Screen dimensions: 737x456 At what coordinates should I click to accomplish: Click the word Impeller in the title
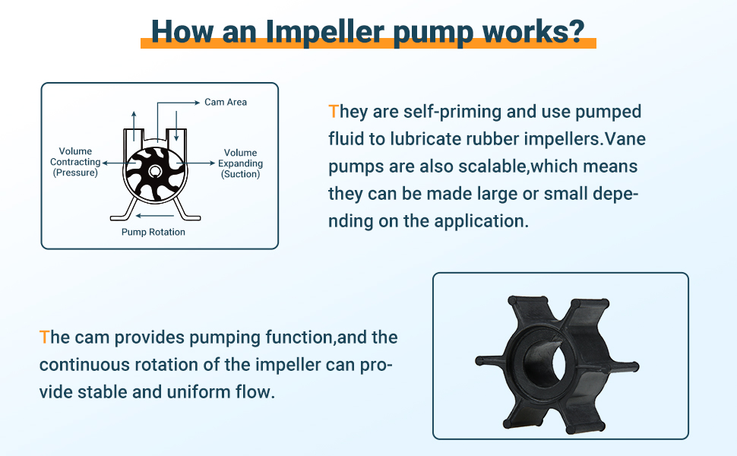(x=324, y=31)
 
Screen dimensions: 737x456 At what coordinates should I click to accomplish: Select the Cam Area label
(x=226, y=102)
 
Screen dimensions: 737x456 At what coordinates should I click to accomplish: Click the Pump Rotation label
(x=153, y=232)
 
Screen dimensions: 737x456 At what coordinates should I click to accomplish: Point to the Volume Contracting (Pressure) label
(x=75, y=162)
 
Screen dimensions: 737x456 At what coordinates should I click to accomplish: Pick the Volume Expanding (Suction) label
(x=240, y=163)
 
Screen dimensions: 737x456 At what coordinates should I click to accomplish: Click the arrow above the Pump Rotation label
(x=155, y=216)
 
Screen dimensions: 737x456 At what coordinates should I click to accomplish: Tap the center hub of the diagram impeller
(x=155, y=172)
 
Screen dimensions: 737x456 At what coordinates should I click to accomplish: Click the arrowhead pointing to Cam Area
(x=198, y=103)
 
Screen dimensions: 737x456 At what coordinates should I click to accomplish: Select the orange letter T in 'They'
(x=334, y=112)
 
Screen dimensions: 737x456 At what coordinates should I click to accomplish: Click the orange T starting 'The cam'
(x=44, y=337)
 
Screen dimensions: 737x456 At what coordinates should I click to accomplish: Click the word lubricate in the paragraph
(x=425, y=139)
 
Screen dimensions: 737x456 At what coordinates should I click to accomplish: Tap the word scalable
(x=492, y=166)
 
